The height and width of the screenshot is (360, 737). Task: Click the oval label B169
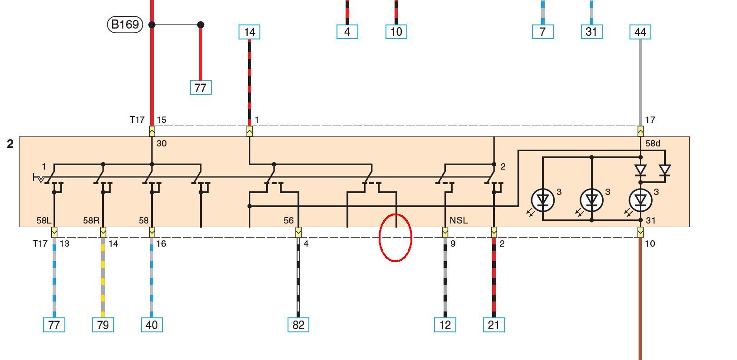point(125,24)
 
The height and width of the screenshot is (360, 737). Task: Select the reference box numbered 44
point(640,32)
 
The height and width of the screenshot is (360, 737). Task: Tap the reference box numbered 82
point(298,325)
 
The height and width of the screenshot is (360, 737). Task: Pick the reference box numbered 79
point(103,325)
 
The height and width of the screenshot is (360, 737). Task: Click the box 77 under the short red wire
point(201,88)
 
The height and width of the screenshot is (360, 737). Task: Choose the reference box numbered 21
point(494,325)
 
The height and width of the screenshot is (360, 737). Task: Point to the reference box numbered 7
point(543,32)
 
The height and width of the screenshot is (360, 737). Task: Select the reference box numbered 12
point(445,325)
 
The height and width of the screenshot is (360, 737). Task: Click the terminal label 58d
point(653,143)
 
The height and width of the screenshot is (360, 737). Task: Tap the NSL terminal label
point(459,220)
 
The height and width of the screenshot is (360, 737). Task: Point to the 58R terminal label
point(91,220)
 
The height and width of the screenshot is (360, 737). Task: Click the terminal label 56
point(288,220)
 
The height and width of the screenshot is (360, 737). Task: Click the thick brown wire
point(640,299)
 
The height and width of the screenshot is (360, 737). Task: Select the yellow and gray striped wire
point(103,277)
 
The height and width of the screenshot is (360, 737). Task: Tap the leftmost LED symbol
point(542,200)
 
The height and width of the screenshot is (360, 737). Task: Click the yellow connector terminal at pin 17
point(640,131)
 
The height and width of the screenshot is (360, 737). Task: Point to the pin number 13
point(64,243)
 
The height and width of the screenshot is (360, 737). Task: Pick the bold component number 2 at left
point(10,144)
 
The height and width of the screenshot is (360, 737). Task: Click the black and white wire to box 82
point(298,277)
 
